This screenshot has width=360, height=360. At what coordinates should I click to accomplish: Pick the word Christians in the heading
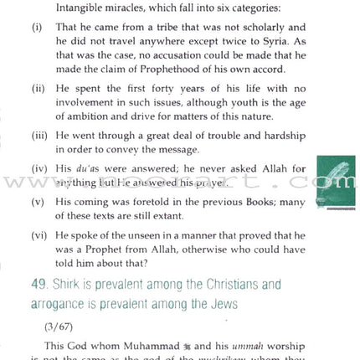221,285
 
